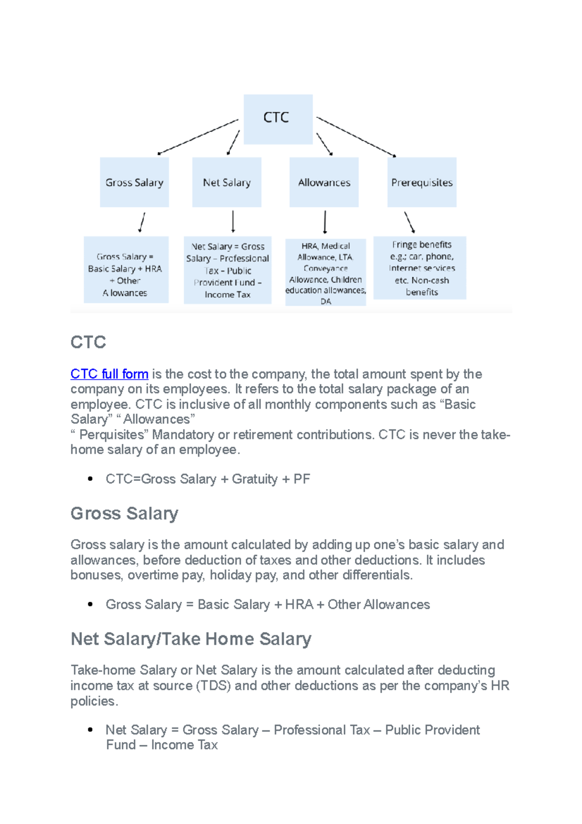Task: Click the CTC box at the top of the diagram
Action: coord(278,119)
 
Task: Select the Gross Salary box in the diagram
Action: coord(134,182)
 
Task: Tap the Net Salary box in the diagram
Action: coord(226,182)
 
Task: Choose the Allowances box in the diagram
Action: coord(324,182)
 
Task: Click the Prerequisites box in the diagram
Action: coord(421,182)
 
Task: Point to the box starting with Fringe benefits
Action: coord(420,268)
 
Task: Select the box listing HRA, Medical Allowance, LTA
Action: coord(325,272)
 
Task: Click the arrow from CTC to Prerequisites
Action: coord(356,137)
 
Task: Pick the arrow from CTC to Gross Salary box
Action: coord(198,137)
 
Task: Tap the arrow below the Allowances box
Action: coord(325,222)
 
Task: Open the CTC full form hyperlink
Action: coord(109,374)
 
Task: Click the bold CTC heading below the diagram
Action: coord(88,342)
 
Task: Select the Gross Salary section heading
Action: coord(124,513)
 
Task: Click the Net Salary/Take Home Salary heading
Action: coord(191,639)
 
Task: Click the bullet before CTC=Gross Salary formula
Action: coord(90,479)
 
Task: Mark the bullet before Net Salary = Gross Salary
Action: coord(90,730)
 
